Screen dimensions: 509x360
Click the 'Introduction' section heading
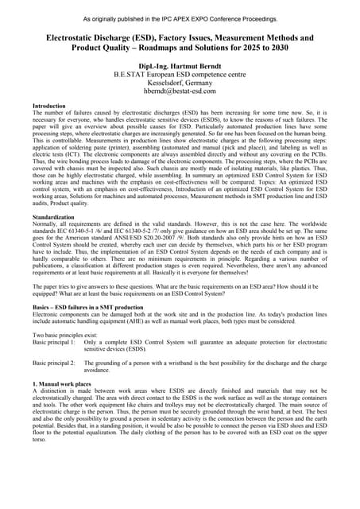49,106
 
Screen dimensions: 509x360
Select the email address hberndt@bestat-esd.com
180,91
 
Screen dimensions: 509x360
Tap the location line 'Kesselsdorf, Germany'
180,83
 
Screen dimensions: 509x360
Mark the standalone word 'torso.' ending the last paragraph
41,440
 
